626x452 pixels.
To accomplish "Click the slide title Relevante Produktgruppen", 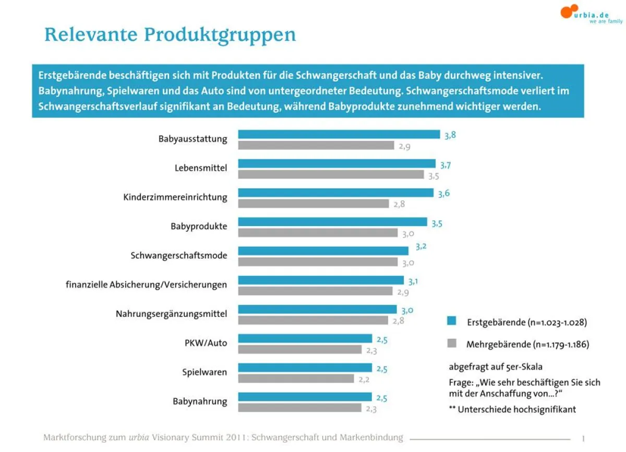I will (x=170, y=35).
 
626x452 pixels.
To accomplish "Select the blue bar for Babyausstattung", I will (x=339, y=135).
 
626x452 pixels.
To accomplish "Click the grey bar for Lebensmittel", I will (x=331, y=175).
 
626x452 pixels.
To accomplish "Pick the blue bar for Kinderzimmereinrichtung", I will (x=335, y=193).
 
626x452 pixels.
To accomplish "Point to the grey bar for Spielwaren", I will (x=296, y=378).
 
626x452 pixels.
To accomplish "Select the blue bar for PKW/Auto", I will (x=305, y=339).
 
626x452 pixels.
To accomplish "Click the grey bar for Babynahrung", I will (x=299, y=408).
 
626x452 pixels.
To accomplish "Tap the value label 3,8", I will (x=450, y=135).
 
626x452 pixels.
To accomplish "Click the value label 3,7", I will (x=445, y=165).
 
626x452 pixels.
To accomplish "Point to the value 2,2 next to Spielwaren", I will (x=364, y=379).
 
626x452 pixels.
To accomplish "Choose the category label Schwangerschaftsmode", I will (x=178, y=256).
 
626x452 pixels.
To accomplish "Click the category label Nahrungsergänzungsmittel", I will (x=171, y=314).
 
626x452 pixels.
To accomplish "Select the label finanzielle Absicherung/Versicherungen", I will (x=146, y=285).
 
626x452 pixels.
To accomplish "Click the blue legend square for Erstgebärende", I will (x=452, y=321).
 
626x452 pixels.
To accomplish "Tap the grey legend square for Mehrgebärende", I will (x=452, y=343).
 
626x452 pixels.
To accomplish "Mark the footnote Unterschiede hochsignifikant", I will (x=512, y=409).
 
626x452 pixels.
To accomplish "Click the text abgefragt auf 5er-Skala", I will (x=488, y=366).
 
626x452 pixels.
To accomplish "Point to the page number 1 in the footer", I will (x=583, y=438).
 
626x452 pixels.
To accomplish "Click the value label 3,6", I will (x=443, y=194).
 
